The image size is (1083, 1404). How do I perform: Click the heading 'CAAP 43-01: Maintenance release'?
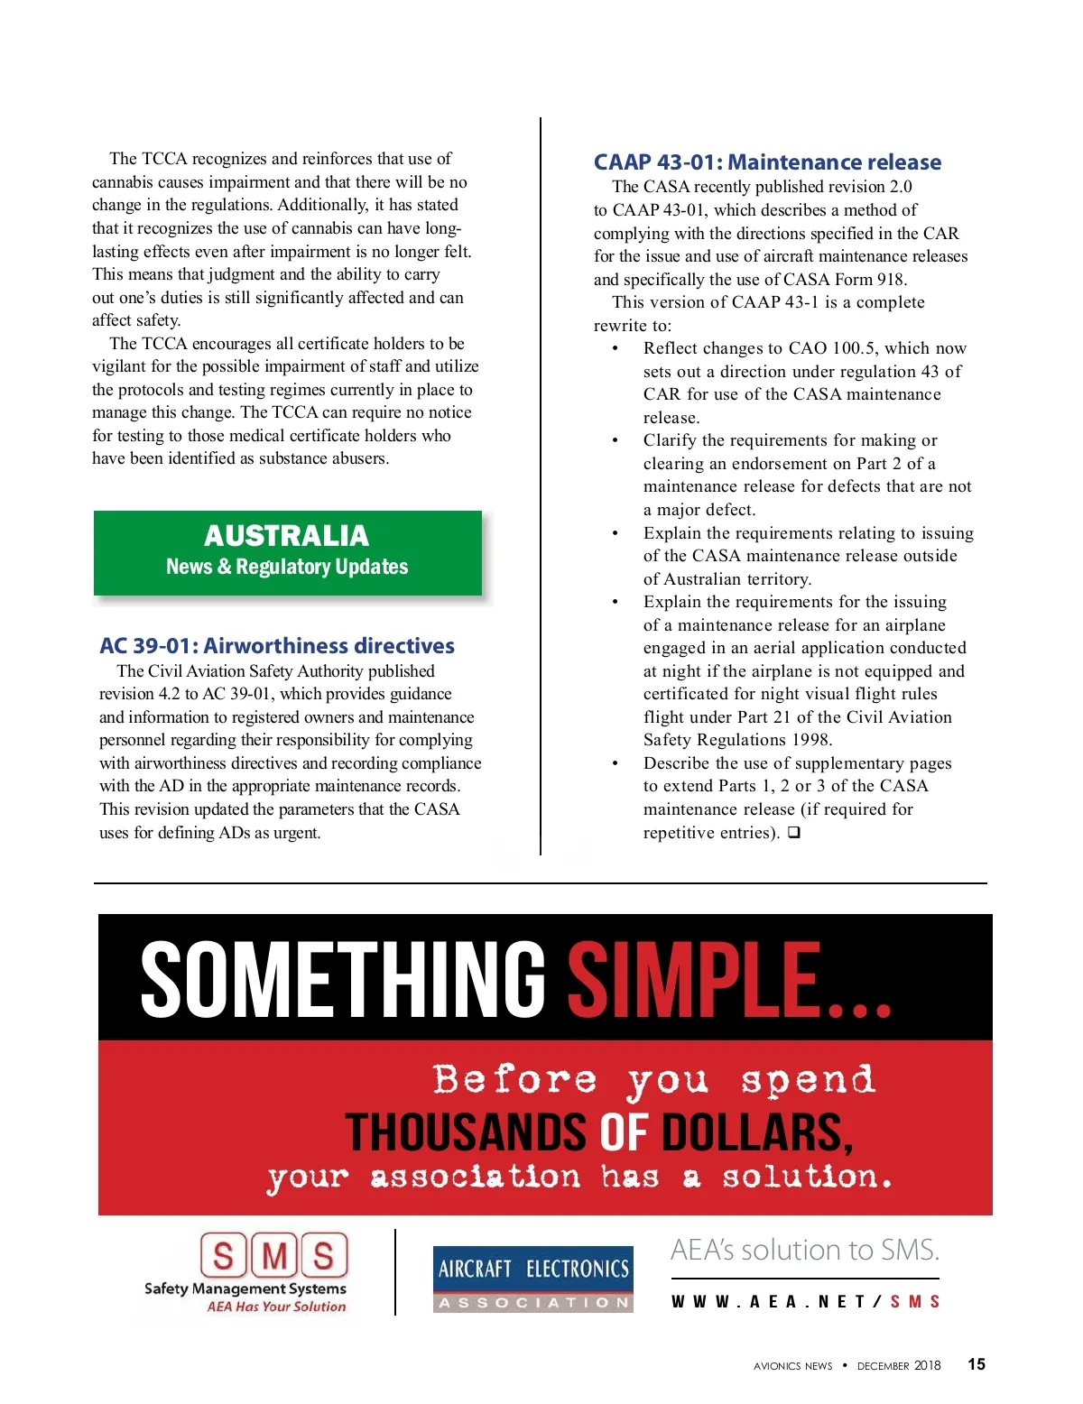pyautogui.click(x=767, y=162)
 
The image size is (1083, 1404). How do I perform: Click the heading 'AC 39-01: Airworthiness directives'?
pyautogui.click(x=277, y=646)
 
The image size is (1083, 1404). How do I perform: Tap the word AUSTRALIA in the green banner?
pyautogui.click(x=286, y=536)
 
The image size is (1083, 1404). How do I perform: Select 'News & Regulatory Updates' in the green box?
pyautogui.click(x=287, y=567)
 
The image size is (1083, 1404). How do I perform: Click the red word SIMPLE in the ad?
pyautogui.click(x=695, y=980)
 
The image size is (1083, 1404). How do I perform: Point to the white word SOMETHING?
pyautogui.click(x=343, y=980)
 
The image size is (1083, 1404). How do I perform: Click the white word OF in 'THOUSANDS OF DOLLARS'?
pyautogui.click(x=624, y=1133)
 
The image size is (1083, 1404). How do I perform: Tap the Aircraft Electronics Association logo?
pyautogui.click(x=533, y=1279)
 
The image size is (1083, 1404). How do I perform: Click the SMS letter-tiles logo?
pyautogui.click(x=274, y=1255)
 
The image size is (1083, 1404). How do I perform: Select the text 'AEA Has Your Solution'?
pyautogui.click(x=276, y=1307)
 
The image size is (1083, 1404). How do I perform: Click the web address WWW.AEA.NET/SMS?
pyautogui.click(x=805, y=1302)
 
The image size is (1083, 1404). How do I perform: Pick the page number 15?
pyautogui.click(x=977, y=1364)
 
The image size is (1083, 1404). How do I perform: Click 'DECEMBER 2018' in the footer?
pyautogui.click(x=899, y=1365)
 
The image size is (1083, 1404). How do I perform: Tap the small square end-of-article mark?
pyautogui.click(x=793, y=833)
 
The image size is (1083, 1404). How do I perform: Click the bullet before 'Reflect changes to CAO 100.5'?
pyautogui.click(x=616, y=349)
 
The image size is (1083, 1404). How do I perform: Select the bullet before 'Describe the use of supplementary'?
pyautogui.click(x=616, y=763)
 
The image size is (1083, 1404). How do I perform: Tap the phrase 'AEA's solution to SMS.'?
pyautogui.click(x=805, y=1251)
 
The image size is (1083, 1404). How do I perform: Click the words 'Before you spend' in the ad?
pyautogui.click(x=653, y=1080)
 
